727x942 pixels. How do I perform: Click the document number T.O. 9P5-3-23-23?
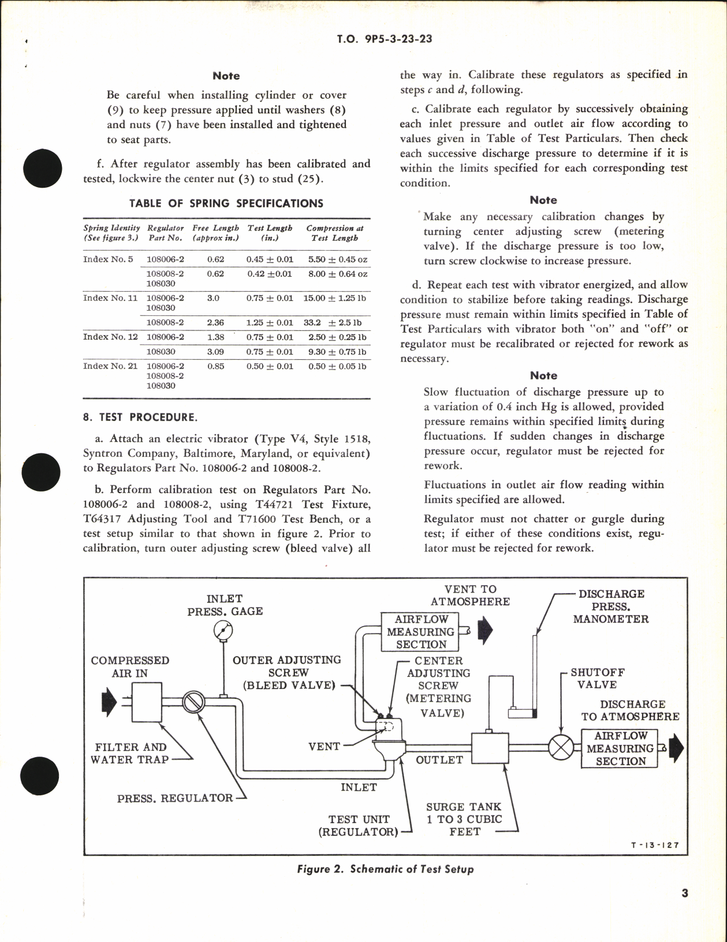384,39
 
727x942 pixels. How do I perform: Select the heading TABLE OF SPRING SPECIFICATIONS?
226,203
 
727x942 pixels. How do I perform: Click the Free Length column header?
215,233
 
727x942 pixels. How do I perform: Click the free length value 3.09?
215,352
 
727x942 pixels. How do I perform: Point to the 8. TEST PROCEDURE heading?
140,417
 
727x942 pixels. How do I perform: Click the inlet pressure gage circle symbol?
222,630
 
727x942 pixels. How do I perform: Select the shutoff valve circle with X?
560,747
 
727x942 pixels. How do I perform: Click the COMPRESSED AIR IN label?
130,667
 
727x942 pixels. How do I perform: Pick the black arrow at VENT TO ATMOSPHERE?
485,631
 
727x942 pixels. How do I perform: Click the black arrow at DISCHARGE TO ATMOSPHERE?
676,748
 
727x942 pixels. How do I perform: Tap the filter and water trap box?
147,702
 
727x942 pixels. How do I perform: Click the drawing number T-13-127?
655,845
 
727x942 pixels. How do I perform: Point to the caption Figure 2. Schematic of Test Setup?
385,869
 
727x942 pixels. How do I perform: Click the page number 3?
684,893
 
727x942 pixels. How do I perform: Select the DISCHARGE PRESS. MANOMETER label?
611,606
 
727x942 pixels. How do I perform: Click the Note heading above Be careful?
226,76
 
